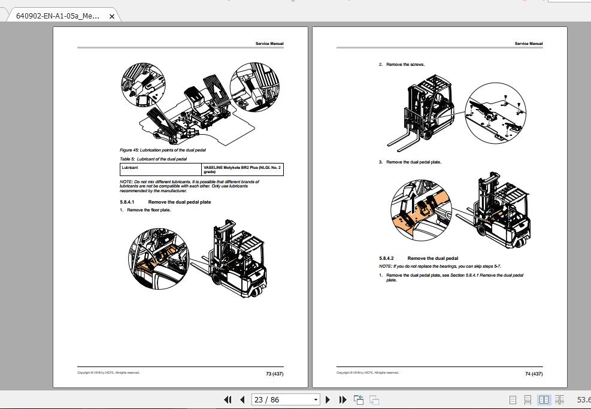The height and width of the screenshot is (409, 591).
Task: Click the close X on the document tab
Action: [112, 16]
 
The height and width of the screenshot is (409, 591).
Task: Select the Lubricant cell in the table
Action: [130, 168]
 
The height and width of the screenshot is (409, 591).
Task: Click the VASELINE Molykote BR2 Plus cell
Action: [241, 169]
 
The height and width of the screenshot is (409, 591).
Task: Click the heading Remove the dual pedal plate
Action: [179, 202]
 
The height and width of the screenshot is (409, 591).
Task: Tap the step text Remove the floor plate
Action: [148, 210]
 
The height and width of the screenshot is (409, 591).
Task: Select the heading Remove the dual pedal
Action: [432, 258]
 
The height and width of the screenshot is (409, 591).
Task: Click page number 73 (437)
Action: [274, 374]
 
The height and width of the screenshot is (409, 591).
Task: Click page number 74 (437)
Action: [534, 374]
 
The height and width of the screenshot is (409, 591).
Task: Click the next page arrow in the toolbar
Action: [328, 399]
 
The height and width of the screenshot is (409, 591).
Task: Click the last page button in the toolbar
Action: [343, 399]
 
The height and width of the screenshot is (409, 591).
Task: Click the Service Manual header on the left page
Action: [269, 44]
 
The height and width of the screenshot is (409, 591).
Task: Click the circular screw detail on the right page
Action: [495, 113]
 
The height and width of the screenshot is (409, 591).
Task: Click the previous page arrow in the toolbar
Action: [243, 399]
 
